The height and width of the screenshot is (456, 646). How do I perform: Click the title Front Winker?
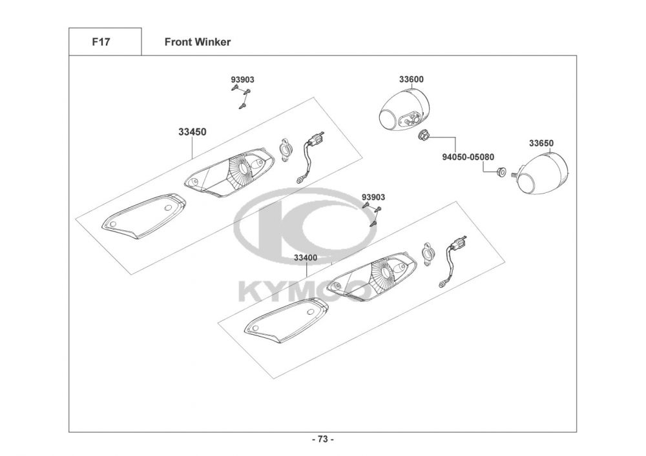tap(197, 42)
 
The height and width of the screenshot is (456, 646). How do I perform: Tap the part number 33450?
tap(192, 132)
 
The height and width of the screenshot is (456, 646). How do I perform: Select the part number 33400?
tap(305, 257)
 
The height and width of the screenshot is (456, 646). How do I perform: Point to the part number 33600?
tap(411, 79)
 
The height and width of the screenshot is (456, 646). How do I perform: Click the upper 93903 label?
tap(242, 79)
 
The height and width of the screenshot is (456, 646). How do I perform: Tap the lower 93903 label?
tap(373, 197)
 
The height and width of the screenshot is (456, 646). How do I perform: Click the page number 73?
tap(323, 439)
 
